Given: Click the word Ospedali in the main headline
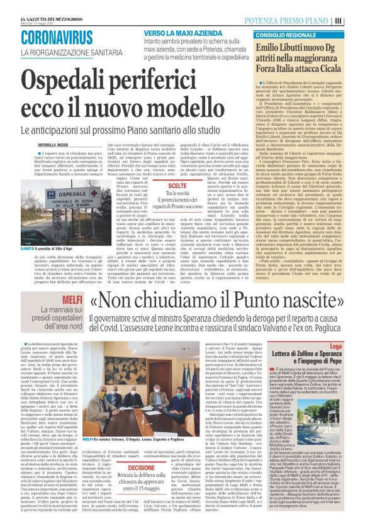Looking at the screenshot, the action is click(76, 80).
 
